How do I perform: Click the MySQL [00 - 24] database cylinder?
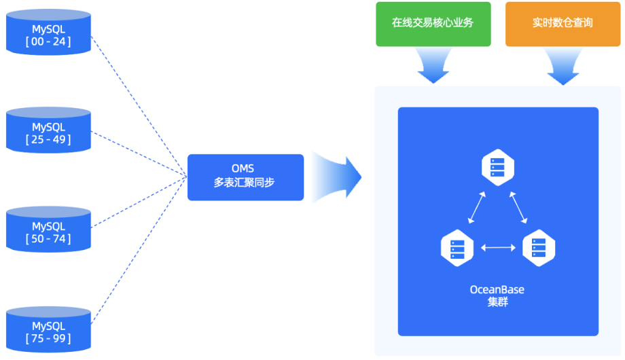coord(48,33)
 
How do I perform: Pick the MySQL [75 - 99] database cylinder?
coord(48,329)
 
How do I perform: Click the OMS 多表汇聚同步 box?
coord(245,177)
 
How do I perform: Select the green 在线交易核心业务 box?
coord(433,23)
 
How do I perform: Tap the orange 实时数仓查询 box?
coord(562,23)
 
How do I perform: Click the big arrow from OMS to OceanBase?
coord(337,177)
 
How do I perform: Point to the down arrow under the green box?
coord(433,66)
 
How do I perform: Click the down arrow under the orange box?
coord(562,66)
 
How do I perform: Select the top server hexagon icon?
coord(498,167)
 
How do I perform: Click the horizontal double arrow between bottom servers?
coord(498,248)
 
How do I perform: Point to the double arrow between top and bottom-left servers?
coord(477,206)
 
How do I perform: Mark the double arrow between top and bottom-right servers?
coord(518,206)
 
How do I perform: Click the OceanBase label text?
coord(497,290)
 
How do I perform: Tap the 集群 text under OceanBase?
coord(497,302)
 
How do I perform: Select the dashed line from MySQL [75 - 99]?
coord(139,247)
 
